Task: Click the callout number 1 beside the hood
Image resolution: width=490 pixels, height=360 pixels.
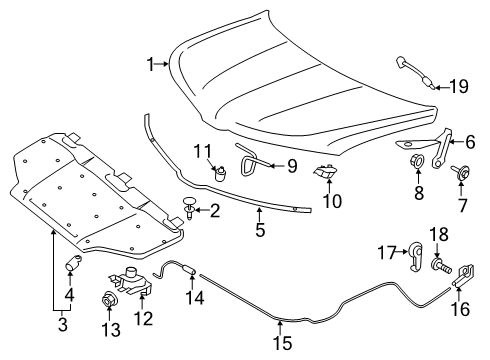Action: [x=150, y=65]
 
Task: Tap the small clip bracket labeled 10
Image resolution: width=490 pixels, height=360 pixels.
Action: [x=325, y=174]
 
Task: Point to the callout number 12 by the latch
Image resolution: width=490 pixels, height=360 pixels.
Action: [x=145, y=318]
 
